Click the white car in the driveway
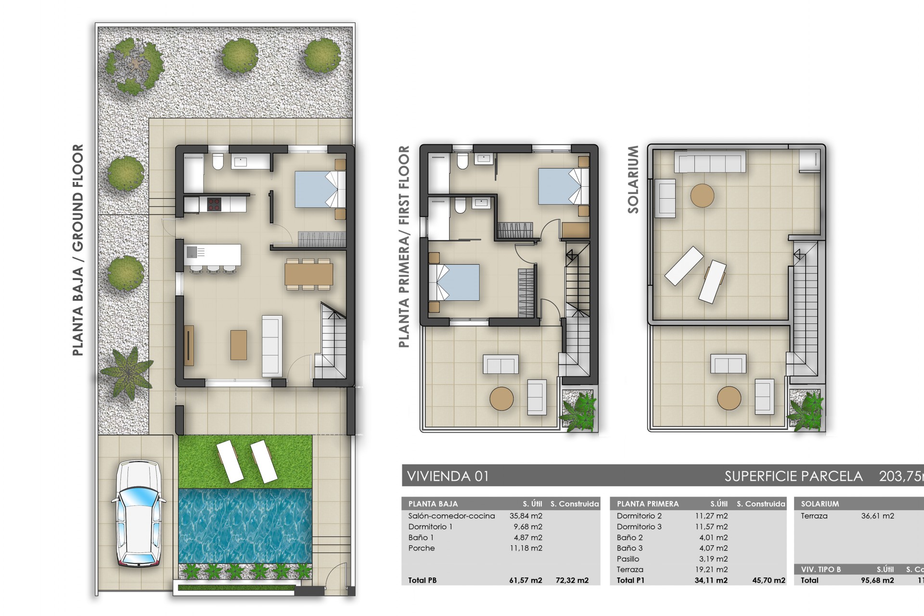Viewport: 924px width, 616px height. tap(139, 513)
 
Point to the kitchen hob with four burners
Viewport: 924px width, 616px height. tap(214, 204)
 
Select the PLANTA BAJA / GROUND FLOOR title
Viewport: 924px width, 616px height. tap(77, 250)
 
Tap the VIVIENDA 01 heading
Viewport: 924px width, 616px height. tap(448, 476)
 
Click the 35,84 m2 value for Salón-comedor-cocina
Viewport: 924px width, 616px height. tap(526, 516)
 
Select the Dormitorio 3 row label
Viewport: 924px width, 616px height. tap(639, 526)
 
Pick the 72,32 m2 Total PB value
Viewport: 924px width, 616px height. tap(572, 580)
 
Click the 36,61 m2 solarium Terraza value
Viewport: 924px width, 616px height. tap(877, 516)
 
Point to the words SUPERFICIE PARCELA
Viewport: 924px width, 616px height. tap(793, 476)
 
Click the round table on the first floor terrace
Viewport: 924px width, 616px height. tap(501, 398)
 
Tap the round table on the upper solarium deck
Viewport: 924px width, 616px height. tap(702, 195)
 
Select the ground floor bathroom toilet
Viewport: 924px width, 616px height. tap(218, 161)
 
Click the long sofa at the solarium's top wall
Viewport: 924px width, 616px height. tap(710, 161)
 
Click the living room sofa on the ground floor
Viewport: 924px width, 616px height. tap(272, 346)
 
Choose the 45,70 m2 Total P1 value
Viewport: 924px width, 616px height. tap(769, 580)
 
